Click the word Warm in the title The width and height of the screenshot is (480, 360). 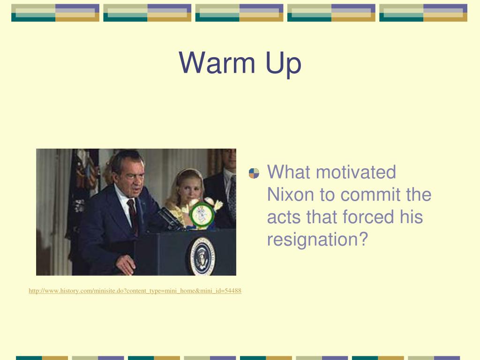pyautogui.click(x=217, y=63)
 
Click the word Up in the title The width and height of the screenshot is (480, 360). pyautogui.click(x=284, y=64)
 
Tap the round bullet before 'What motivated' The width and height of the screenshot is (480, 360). pyautogui.click(x=254, y=173)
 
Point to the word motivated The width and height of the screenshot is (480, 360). pyautogui.click(x=356, y=172)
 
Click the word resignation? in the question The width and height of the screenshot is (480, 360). pyautogui.click(x=317, y=240)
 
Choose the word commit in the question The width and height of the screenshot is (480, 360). pyautogui.click(x=370, y=195)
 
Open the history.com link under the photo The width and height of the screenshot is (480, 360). pyautogui.click(x=135, y=291)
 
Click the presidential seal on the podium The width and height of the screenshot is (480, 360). pyautogui.click(x=202, y=256)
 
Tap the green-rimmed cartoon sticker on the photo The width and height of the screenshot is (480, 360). pyautogui.click(x=202, y=214)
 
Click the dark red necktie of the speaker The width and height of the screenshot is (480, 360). pyautogui.click(x=132, y=214)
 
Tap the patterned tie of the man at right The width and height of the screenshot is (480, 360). pyautogui.click(x=232, y=196)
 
